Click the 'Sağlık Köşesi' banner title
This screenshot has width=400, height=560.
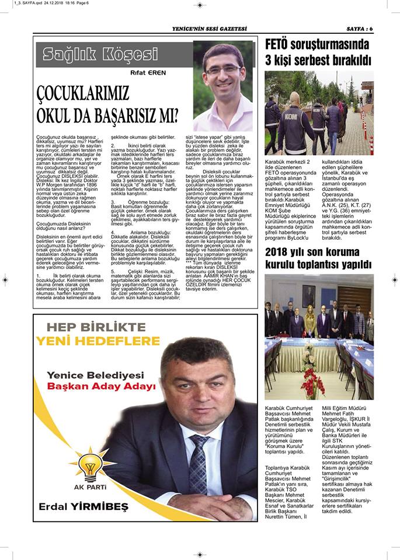pos(100,55)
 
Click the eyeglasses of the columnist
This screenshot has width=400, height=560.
pos(222,70)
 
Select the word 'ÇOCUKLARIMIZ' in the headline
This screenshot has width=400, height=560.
pos(84,93)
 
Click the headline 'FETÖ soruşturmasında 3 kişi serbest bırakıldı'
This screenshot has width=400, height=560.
pos(318,51)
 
